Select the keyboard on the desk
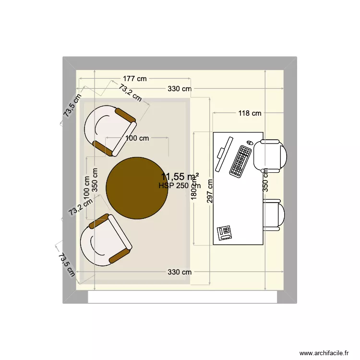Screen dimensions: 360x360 pyautogui.click(x=241, y=161)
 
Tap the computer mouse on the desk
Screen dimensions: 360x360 pyautogui.click(x=250, y=143)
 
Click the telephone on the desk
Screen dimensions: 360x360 pyautogui.click(x=224, y=232)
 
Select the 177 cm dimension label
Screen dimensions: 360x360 pyautogui.click(x=134, y=79)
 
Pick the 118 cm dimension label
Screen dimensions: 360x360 pyautogui.click(x=250, y=113)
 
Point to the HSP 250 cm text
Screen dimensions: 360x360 pyautogui.click(x=180, y=186)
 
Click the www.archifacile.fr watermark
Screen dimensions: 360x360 pyautogui.click(x=324, y=352)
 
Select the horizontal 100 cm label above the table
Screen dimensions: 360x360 pyautogui.click(x=137, y=138)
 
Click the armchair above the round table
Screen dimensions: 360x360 pyautogui.click(x=111, y=130)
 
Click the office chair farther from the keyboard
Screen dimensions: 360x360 pyautogui.click(x=274, y=215)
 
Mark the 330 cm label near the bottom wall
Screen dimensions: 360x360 pyautogui.click(x=180, y=272)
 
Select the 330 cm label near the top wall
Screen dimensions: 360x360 pyautogui.click(x=180, y=89)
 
